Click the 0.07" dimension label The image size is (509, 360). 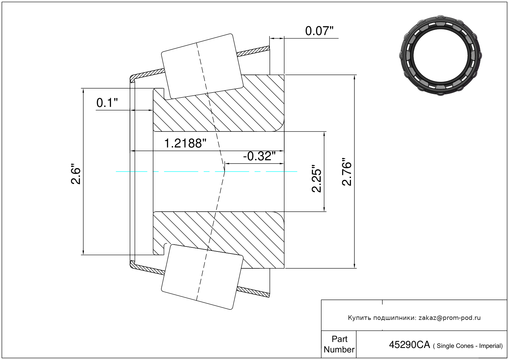319,31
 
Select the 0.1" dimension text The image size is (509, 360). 107,103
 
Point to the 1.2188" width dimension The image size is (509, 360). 185,143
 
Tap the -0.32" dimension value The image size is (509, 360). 259,156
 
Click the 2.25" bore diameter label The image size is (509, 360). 316,179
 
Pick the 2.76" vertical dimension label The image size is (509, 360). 347,172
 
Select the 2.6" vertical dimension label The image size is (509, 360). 76,174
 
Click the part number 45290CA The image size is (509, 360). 410,345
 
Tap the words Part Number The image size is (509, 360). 339,344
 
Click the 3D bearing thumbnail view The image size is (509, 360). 440,56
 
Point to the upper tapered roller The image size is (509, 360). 202,66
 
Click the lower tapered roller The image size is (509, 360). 202,277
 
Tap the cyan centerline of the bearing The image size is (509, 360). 207,172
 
